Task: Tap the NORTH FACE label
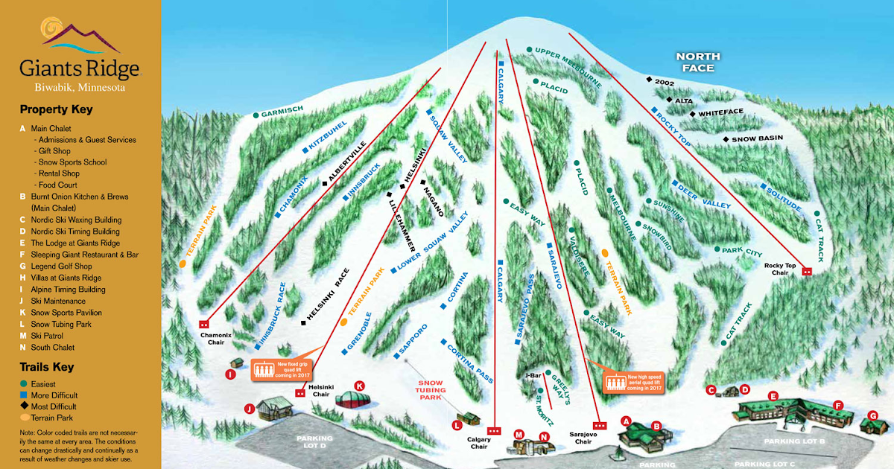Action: (698, 62)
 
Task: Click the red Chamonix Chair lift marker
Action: (203, 324)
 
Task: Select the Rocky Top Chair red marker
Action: (806, 272)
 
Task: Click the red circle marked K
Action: (360, 386)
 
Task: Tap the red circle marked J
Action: (249, 407)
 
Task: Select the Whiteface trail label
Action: (721, 112)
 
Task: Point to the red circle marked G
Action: (873, 415)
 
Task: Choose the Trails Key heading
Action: (47, 367)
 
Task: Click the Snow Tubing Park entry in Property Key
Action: (61, 324)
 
